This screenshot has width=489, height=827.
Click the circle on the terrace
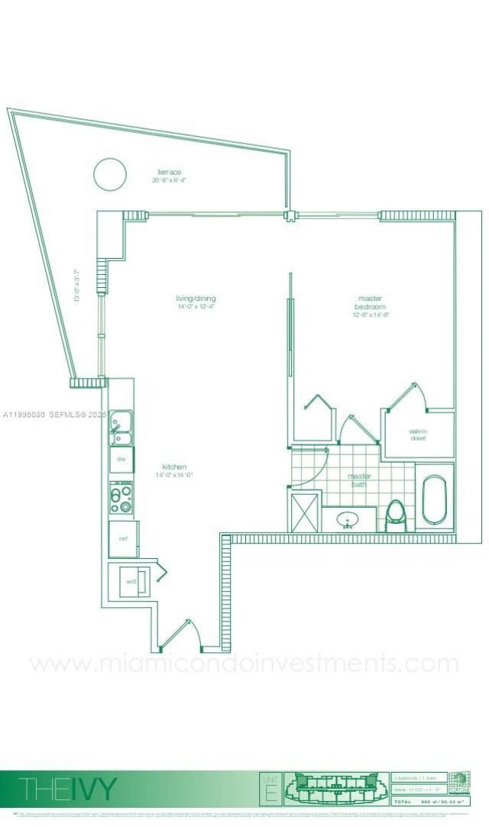tap(110, 174)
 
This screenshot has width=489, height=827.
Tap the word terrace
tap(170, 172)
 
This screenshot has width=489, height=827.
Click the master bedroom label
tap(371, 302)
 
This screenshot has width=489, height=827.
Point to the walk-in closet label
tap(418, 434)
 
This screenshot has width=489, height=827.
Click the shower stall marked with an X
tap(304, 509)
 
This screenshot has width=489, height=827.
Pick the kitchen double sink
tap(120, 428)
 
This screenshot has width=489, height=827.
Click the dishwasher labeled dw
tap(121, 459)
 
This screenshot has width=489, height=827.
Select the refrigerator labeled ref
tap(123, 538)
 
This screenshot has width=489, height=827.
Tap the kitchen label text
tap(174, 467)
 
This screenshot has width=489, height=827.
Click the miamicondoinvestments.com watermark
tap(244, 663)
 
